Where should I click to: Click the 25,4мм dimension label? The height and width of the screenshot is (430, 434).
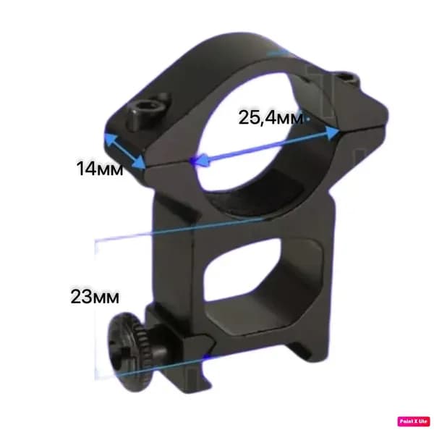pyautogui.click(x=271, y=117)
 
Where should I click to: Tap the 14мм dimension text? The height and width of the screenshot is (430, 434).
pyautogui.click(x=100, y=168)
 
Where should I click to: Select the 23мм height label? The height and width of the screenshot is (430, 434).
pyautogui.click(x=95, y=297)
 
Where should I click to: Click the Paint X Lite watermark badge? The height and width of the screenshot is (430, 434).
pyautogui.click(x=414, y=421)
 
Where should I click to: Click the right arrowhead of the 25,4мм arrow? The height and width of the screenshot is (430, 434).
pyautogui.click(x=332, y=132)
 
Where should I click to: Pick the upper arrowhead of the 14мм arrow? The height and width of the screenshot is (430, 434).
pyautogui.click(x=110, y=139)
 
